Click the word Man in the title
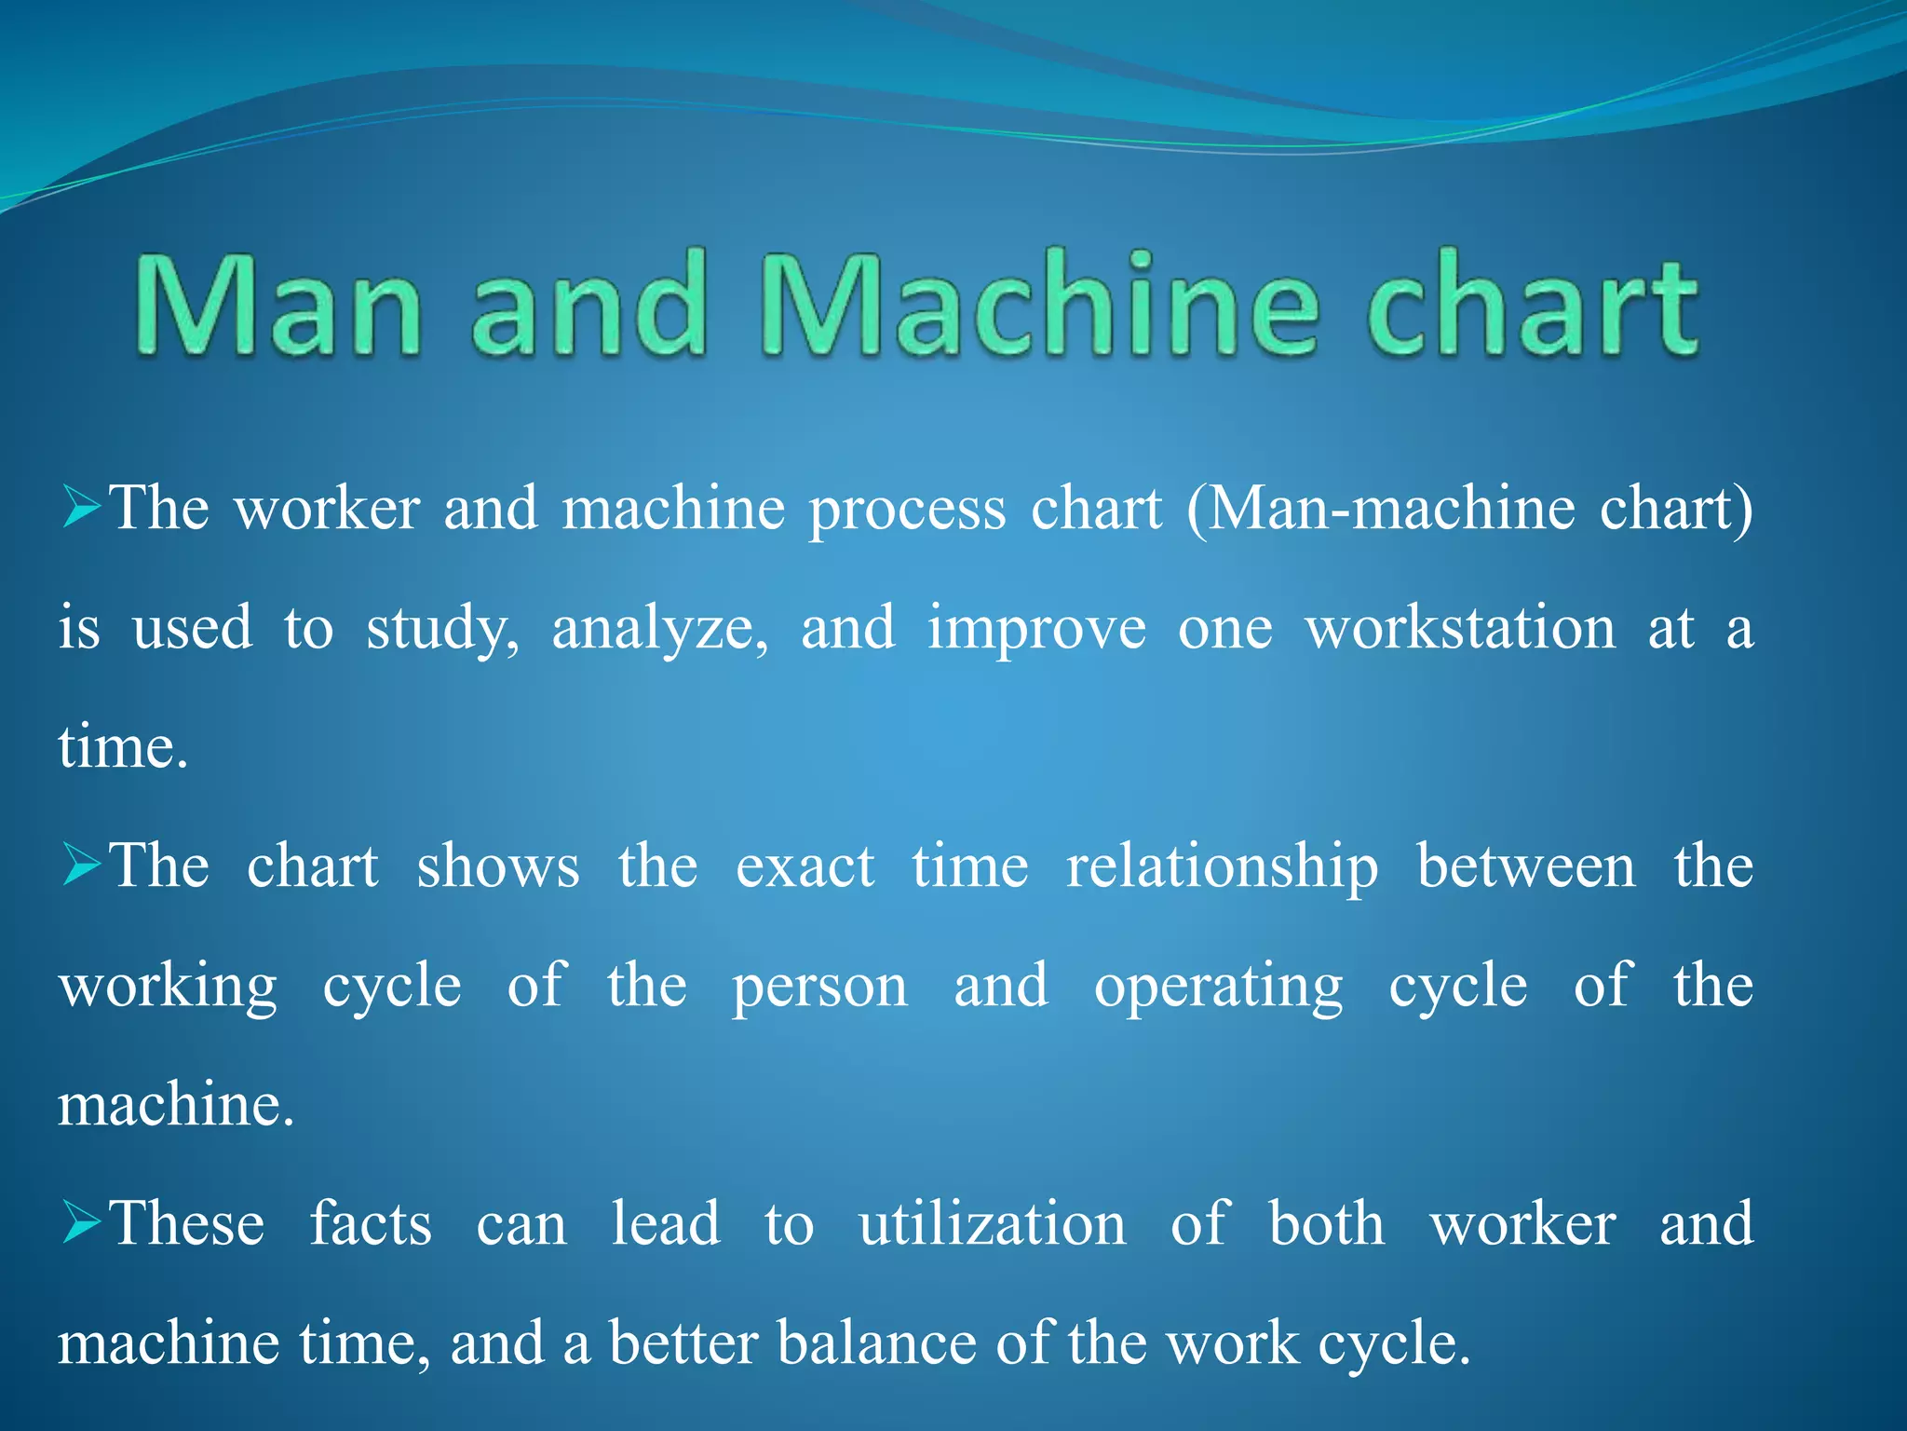[279, 305]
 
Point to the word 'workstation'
[1460, 629]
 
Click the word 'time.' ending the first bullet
[123, 748]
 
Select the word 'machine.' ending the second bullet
[176, 1106]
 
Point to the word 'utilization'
[992, 1224]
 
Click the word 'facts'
[371, 1224]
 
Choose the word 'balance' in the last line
[875, 1343]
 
